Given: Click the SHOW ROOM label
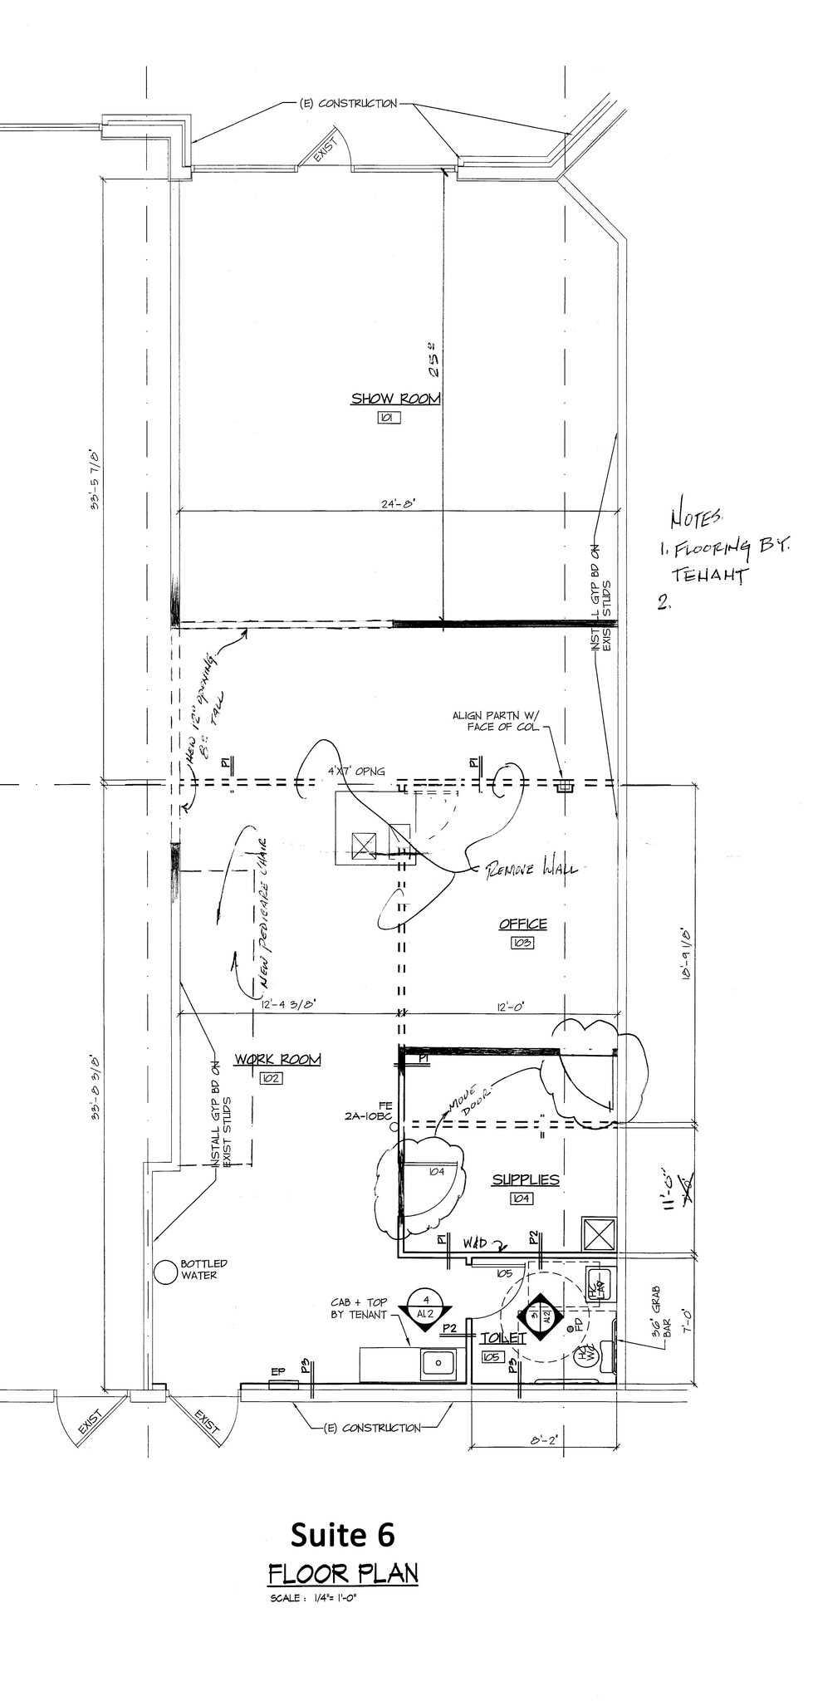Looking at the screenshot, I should pos(395,399).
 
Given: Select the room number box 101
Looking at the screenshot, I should pos(388,418).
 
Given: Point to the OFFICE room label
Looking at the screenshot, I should pos(522,924).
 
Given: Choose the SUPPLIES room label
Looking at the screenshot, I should pos(525,1179).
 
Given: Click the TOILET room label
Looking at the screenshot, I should pos(503,1338).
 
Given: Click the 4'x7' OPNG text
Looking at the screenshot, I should pos(355,772).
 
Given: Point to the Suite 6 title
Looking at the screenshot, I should pos(342,1536).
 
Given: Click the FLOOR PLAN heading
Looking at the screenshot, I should pos(343,1574).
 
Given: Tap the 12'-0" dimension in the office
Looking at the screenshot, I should pos(509,1007).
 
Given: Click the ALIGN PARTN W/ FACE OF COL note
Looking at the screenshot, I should pos(496,720).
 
